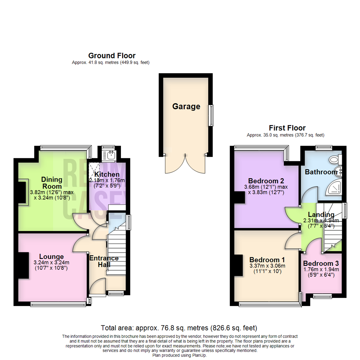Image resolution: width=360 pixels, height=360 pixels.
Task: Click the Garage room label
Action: [186, 107]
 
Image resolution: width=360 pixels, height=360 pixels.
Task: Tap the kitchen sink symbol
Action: [109, 155]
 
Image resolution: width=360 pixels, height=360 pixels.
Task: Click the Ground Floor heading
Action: [112, 56]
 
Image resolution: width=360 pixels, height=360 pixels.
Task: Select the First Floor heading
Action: [287, 128]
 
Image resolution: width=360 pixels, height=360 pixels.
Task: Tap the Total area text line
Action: [179, 328]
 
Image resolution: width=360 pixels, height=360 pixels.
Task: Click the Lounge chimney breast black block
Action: [23, 265]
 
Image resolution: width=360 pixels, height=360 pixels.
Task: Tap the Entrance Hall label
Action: [103, 261]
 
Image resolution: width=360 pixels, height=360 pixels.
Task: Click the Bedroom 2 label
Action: [267, 181]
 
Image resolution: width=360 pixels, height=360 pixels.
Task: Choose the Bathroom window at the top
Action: [324, 146]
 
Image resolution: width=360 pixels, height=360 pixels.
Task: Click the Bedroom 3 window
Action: [322, 296]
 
